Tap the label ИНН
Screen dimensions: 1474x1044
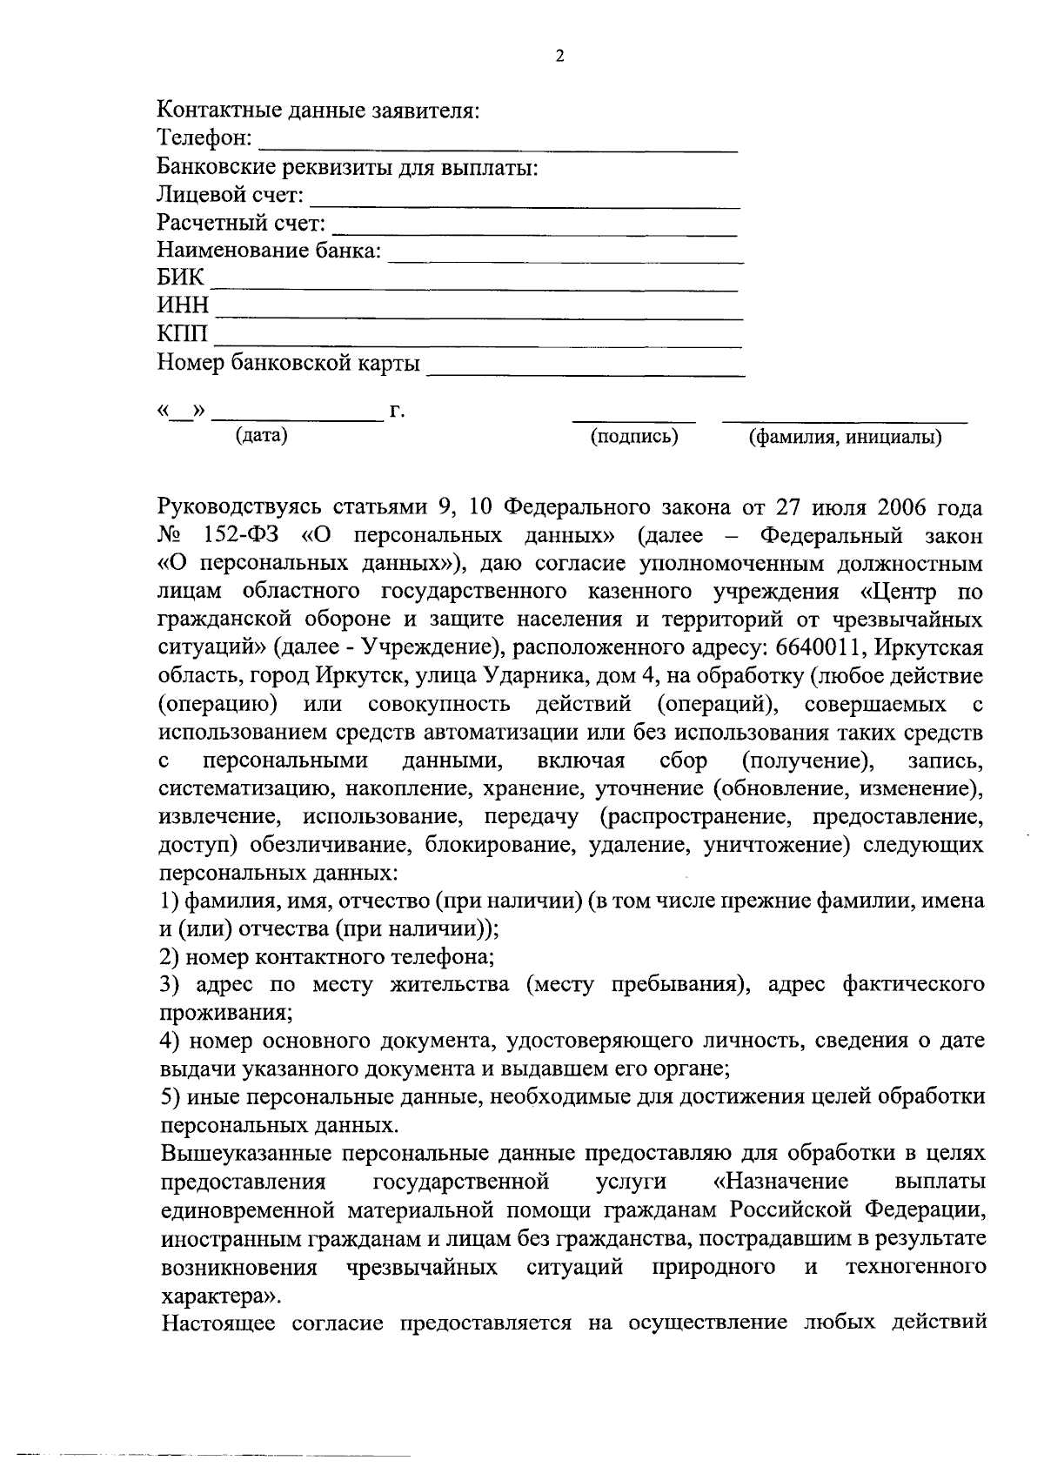[183, 306]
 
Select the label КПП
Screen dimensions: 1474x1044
[183, 334]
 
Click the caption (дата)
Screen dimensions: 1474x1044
[262, 436]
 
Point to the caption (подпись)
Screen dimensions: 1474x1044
[634, 437]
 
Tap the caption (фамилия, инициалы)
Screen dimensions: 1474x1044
[846, 438]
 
